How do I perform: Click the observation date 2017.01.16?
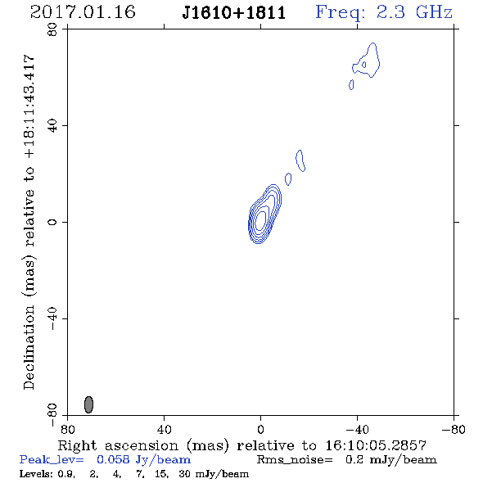click(83, 12)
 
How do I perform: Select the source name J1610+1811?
click(234, 13)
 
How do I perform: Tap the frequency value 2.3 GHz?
click(414, 12)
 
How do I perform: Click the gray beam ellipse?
click(88, 404)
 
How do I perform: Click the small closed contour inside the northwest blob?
click(363, 65)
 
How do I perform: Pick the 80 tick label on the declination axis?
click(52, 29)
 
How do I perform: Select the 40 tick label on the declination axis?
click(52, 126)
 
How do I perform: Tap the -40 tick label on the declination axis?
click(52, 318)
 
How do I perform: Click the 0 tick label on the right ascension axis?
click(260, 429)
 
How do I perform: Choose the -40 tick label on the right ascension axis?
click(357, 429)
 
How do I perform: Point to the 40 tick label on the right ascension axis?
click(164, 429)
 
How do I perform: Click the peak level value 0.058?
click(113, 459)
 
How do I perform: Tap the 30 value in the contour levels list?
click(184, 474)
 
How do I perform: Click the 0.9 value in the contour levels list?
click(66, 474)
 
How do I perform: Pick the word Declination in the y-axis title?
click(29, 347)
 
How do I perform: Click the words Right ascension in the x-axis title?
click(118, 445)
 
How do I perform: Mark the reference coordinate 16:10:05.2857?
click(376, 445)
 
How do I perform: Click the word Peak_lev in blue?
click(52, 460)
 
